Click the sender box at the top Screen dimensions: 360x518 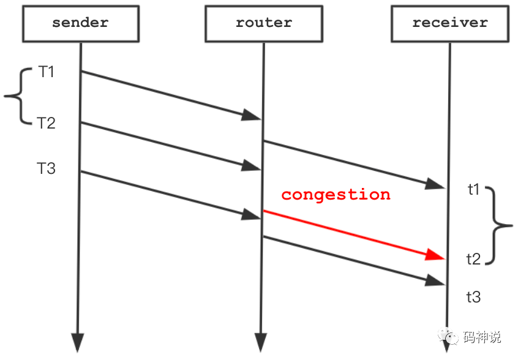[80, 24]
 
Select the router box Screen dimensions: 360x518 [264, 24]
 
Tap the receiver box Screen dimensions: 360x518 [450, 24]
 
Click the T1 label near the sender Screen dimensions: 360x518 [47, 72]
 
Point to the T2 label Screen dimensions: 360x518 [47, 123]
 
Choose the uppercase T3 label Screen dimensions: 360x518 [47, 168]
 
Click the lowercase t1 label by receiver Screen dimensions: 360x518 [474, 190]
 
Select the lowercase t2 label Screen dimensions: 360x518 [474, 259]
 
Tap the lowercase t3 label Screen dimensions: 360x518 [474, 298]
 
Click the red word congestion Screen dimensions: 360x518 [336, 195]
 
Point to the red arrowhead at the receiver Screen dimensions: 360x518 [436, 255]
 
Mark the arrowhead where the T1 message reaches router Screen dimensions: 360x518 [252, 115]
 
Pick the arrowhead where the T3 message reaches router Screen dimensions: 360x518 [252, 214]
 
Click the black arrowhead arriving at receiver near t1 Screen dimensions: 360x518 [437, 184]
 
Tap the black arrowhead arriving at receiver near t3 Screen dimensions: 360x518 [437, 280]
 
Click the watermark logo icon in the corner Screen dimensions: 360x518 [451, 337]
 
